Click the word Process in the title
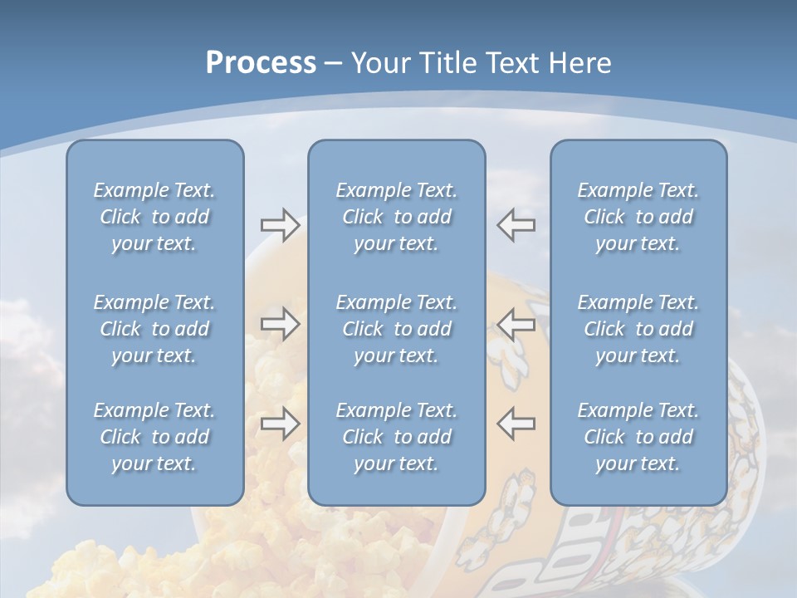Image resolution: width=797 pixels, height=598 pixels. pyautogui.click(x=261, y=63)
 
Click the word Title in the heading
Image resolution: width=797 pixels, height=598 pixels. pyautogui.click(x=448, y=63)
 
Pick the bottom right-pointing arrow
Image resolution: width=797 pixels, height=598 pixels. pyautogui.click(x=281, y=424)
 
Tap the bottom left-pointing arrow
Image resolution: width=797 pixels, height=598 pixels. pyautogui.click(x=516, y=424)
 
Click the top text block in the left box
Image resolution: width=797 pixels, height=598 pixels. pyautogui.click(x=154, y=217)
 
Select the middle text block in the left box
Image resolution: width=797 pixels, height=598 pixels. pyautogui.click(x=154, y=329)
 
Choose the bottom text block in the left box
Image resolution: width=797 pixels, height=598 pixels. pyautogui.click(x=154, y=437)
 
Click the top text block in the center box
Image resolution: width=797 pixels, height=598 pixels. pyautogui.click(x=397, y=217)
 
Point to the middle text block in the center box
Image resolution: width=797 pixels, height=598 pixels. pyautogui.click(x=397, y=329)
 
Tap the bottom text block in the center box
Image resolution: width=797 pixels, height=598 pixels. pyautogui.click(x=397, y=437)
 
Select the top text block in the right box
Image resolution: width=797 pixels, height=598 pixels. pyautogui.click(x=638, y=217)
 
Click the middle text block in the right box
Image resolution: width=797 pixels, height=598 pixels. pyautogui.click(x=638, y=329)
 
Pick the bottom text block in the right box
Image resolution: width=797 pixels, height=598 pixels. pyautogui.click(x=638, y=437)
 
